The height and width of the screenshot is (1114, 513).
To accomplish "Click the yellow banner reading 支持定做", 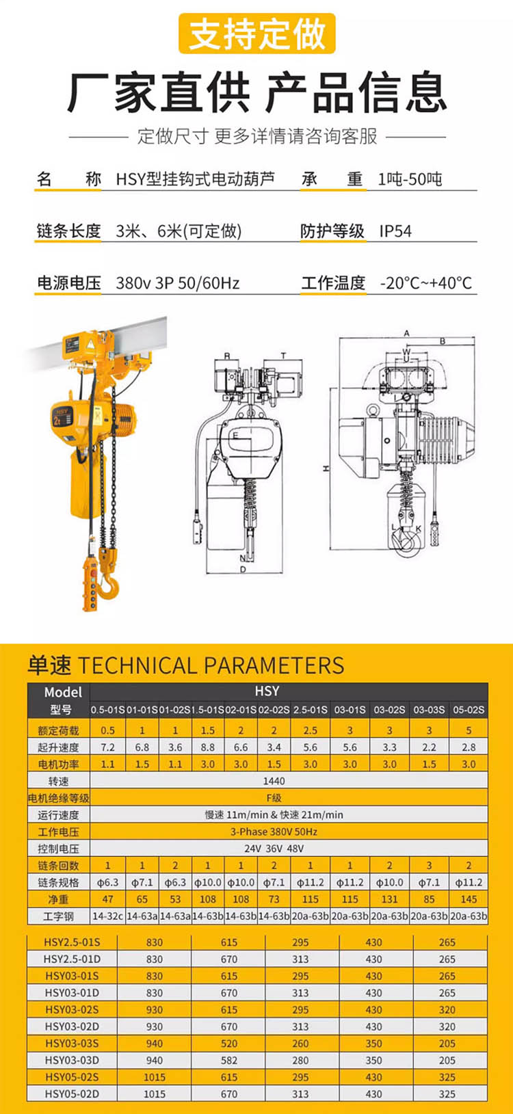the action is pos(256,34).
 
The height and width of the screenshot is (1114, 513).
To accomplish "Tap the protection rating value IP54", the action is pos(395,231).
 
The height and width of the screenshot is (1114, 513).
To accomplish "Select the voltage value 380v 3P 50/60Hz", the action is pos(178,283).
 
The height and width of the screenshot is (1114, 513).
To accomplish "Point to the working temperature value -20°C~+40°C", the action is pos(426,283).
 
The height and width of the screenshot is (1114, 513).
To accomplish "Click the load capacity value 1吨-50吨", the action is pos(410,179).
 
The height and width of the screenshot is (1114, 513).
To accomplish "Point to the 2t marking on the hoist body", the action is pos(57,421).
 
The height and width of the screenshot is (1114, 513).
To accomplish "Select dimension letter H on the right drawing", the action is pos(326,468).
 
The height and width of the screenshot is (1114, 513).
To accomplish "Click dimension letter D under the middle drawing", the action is pos(243,570).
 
